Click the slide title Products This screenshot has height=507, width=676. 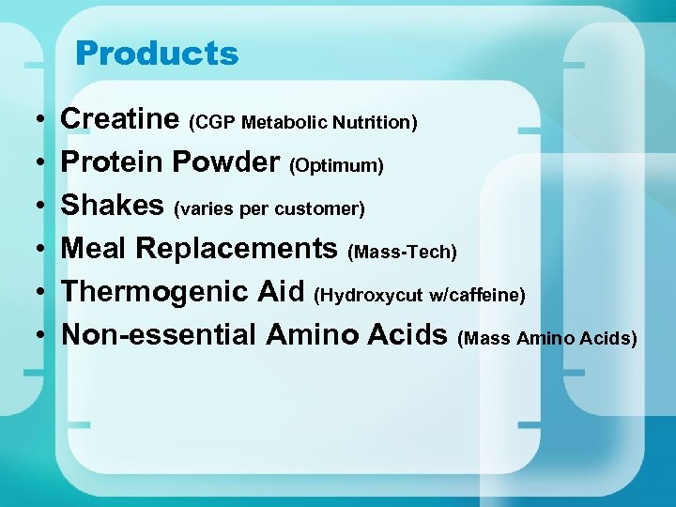coord(157,54)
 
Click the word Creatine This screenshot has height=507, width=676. coord(120,119)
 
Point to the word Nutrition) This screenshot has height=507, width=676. coord(376,123)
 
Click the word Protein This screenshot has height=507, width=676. coord(112,162)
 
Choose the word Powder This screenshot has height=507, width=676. coord(225,162)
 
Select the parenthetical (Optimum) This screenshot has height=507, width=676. coord(336,166)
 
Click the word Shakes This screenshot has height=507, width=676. coord(114,206)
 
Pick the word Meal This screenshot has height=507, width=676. coord(95,249)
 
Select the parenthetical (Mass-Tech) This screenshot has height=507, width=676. coord(402,253)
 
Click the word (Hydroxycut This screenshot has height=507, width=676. coord(369,296)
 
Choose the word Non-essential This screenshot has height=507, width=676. coord(159,334)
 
